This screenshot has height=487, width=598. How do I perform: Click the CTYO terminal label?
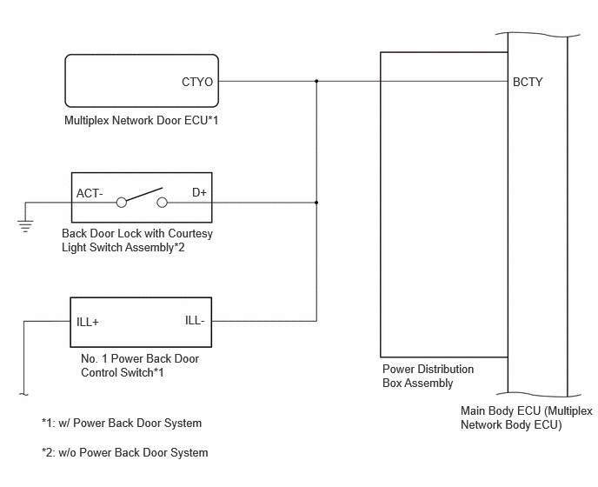point(197,82)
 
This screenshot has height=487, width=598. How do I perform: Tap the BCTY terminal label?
point(528,82)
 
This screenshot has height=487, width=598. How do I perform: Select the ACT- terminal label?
point(90,194)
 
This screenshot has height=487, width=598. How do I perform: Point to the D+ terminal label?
point(199,192)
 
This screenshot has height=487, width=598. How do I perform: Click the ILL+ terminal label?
point(87,322)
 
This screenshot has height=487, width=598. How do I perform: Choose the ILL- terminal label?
point(195,321)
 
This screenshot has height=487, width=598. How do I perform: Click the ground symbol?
point(25,226)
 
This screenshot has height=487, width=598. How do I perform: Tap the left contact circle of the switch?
point(122,203)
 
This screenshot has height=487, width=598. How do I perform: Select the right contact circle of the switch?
point(162,203)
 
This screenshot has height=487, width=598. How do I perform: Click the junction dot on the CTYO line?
point(316,81)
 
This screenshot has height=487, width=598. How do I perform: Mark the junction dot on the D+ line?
point(316,203)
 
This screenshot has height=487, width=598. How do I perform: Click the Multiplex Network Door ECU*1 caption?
point(141,121)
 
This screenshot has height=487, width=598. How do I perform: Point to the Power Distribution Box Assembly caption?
point(428,376)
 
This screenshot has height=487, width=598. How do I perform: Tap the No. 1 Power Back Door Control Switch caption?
point(140,365)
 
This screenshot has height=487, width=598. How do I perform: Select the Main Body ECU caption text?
point(527,417)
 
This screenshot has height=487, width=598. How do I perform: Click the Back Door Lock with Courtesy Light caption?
point(137,240)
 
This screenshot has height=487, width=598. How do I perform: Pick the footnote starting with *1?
point(122,423)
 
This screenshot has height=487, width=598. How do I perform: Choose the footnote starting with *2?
point(124,453)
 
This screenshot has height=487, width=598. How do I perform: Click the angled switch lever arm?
point(144,194)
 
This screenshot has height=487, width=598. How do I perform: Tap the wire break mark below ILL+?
point(23,394)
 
